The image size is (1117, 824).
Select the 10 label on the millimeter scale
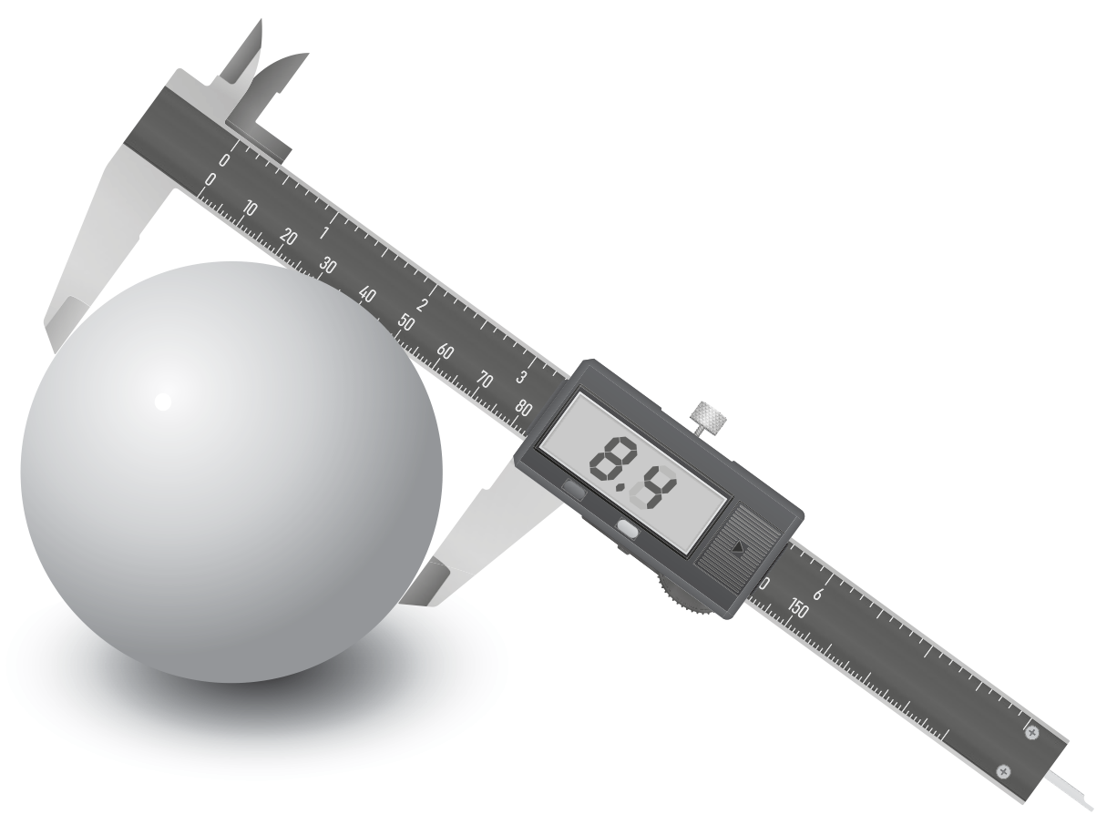click(250, 208)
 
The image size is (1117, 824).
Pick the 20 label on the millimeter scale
click(288, 237)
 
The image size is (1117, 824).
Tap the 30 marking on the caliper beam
click(327, 265)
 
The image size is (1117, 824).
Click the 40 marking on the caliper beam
click(367, 294)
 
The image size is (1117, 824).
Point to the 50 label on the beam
click(406, 322)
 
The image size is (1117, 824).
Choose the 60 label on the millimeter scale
click(445, 351)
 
